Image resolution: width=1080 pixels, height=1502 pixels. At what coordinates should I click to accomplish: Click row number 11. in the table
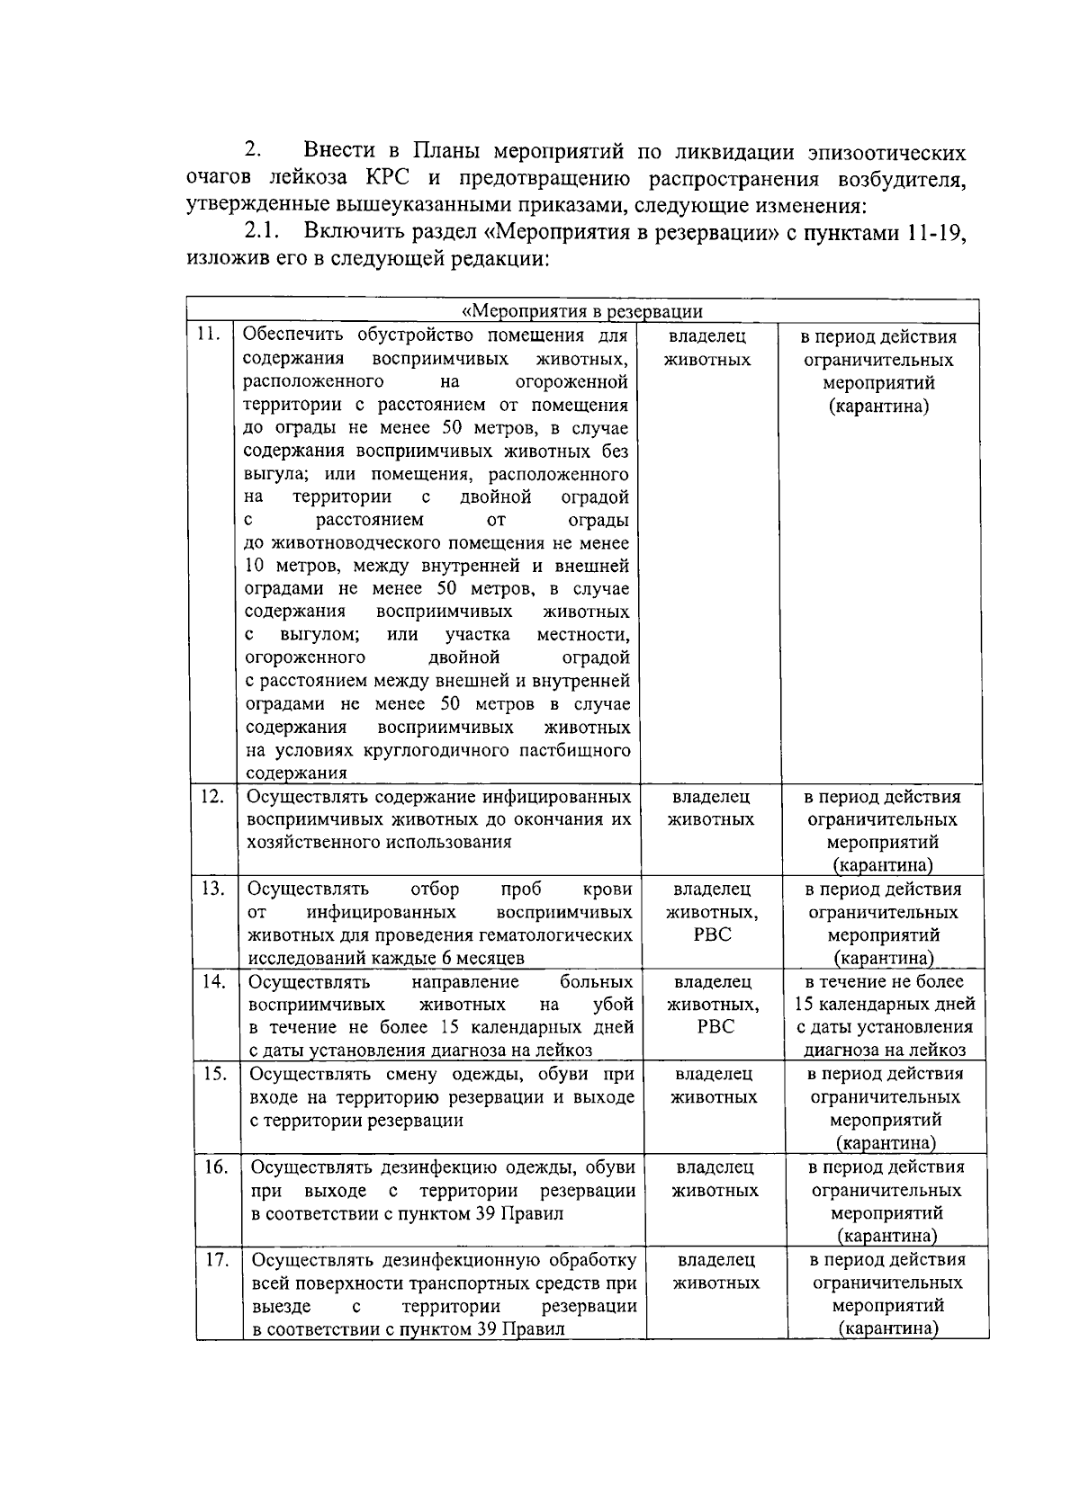point(208,335)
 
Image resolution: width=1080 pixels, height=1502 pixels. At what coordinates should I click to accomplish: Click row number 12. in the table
point(211,795)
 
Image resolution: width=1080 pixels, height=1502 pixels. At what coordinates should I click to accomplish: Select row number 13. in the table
point(211,888)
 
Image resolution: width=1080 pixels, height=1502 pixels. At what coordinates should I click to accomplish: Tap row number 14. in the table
point(212,980)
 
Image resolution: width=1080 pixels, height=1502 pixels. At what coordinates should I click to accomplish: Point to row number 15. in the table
point(214,1073)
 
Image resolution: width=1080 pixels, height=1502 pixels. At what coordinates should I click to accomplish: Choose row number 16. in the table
point(216,1166)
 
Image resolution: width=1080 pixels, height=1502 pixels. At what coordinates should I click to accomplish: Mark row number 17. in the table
point(217,1258)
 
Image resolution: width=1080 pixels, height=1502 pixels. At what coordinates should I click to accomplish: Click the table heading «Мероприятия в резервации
point(581,312)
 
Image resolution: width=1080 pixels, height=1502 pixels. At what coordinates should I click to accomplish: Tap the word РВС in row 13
point(712,934)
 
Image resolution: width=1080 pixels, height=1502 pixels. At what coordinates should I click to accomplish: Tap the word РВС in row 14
point(715,1027)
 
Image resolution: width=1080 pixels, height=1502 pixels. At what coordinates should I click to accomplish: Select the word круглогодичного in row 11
point(440,750)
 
